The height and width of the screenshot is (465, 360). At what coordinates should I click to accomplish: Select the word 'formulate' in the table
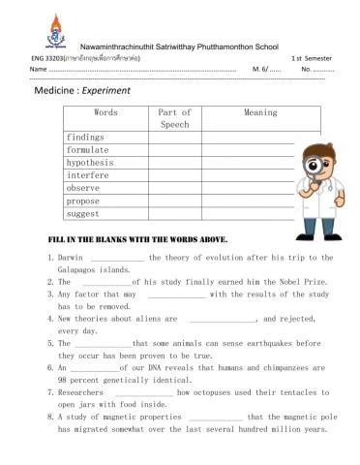pos(87,150)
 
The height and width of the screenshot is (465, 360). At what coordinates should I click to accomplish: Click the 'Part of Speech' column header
pos(174,118)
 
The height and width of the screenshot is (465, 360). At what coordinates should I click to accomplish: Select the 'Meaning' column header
pos(260,112)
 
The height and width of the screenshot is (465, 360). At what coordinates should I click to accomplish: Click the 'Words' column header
pos(105,112)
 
